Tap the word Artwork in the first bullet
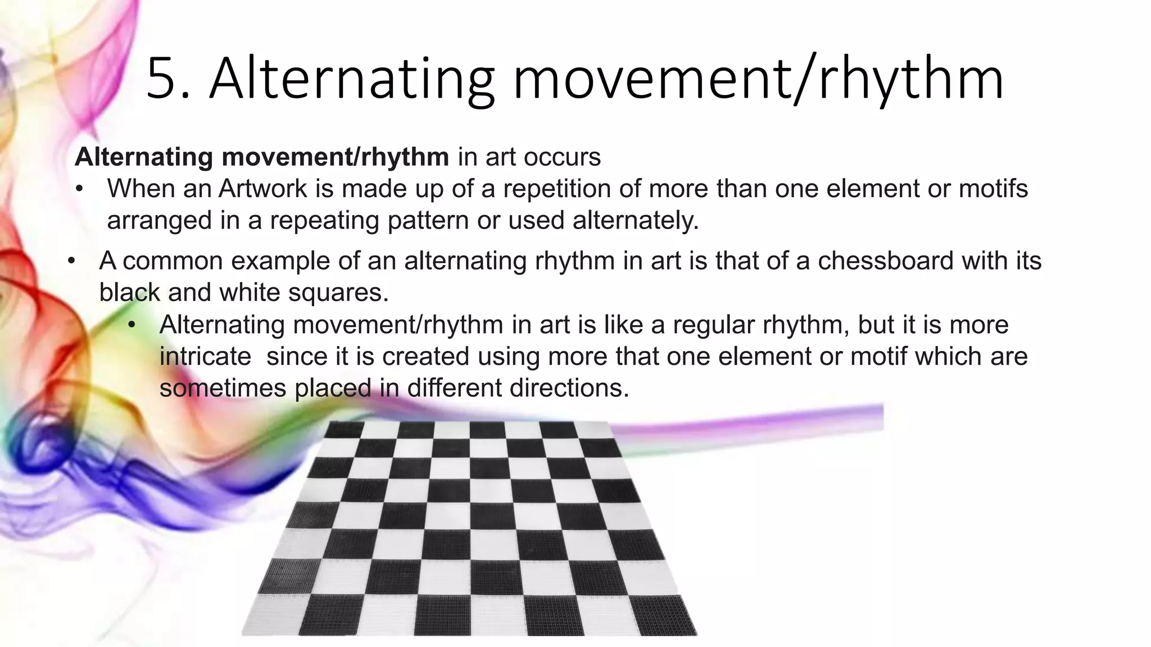[x=264, y=189]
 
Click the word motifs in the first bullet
[x=993, y=189]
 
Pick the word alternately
[x=636, y=220]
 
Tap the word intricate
[x=205, y=357]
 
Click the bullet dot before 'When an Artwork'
[x=79, y=189]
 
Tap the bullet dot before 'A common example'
[x=71, y=262]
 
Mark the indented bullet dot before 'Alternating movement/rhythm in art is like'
[x=132, y=325]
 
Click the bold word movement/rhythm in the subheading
[x=335, y=157]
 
